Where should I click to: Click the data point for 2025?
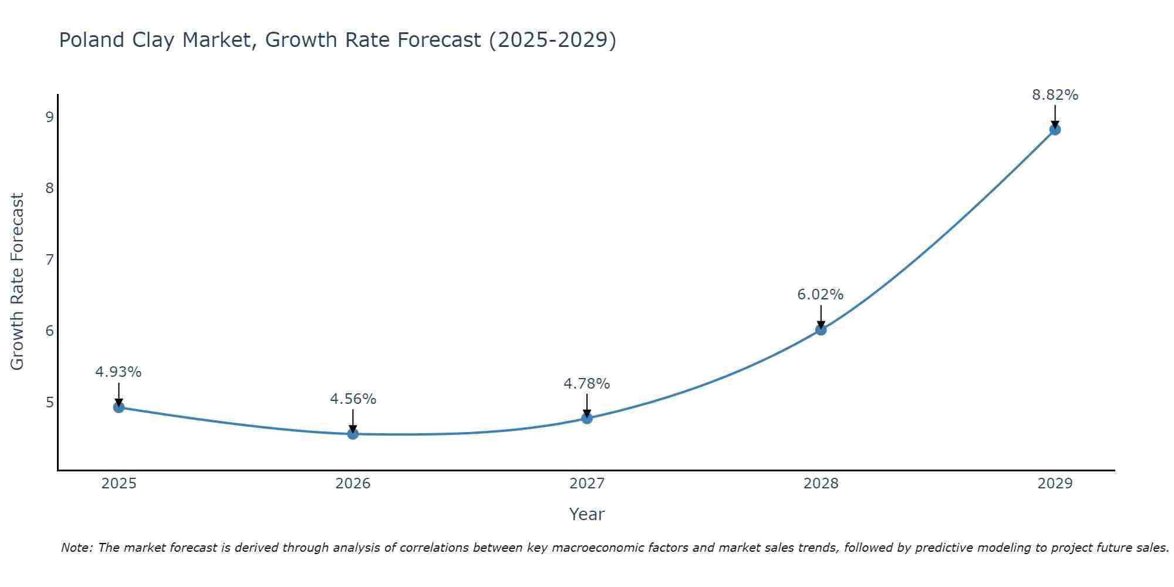coord(119,407)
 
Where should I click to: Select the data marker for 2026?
coord(353,434)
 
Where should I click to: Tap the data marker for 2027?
coord(587,418)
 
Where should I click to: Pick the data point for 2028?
coord(821,329)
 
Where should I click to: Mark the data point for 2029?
coord(1055,129)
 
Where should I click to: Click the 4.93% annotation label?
coord(119,372)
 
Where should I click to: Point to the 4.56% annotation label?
coord(353,399)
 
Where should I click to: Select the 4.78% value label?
coord(587,383)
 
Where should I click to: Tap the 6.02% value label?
coord(821,294)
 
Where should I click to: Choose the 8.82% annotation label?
coord(1055,95)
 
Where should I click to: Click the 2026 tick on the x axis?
coord(353,484)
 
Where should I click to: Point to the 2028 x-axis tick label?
coord(821,484)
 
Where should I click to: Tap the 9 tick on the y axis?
coord(49,117)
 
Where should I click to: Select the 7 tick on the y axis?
coord(49,259)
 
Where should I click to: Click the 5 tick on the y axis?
coord(49,402)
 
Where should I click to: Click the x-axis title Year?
coord(587,514)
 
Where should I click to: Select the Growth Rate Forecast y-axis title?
coord(18,282)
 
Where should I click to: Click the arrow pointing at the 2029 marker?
coord(1055,116)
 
